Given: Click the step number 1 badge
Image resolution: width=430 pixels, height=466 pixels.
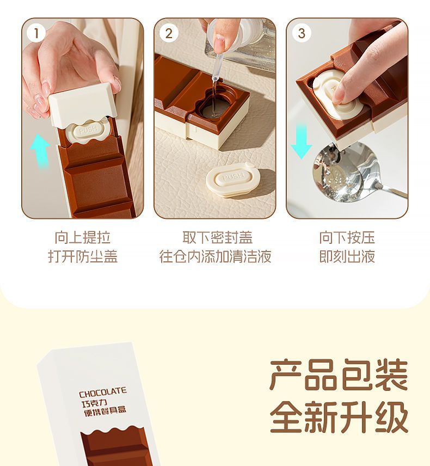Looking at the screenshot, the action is (x=36, y=33).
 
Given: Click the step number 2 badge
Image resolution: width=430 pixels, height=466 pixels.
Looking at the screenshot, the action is (x=169, y=33).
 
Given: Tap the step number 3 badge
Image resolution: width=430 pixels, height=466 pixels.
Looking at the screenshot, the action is (x=302, y=33).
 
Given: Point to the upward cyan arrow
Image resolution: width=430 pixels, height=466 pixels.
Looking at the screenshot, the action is (x=40, y=151).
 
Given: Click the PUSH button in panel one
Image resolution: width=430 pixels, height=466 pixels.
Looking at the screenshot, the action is (x=88, y=130).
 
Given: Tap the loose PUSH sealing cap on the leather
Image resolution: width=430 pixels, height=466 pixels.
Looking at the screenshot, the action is (x=232, y=180).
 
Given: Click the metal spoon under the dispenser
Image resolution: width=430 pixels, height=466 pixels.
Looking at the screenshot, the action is (x=351, y=174).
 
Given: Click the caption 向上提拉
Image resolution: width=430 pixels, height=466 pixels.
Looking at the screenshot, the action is (x=83, y=237).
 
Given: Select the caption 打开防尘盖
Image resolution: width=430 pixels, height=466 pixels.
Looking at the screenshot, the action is (x=83, y=256).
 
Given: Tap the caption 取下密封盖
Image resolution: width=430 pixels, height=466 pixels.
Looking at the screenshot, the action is (x=218, y=237).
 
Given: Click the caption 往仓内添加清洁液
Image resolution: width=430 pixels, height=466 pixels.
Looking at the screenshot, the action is (x=215, y=256).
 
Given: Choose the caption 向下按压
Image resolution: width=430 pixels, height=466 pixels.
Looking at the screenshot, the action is (x=347, y=237).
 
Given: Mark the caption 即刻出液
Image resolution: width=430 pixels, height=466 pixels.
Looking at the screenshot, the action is (x=347, y=256).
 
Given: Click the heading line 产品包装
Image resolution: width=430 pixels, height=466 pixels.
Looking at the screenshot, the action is (x=339, y=375).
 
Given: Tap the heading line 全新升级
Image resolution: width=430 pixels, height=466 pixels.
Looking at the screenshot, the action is (x=339, y=416).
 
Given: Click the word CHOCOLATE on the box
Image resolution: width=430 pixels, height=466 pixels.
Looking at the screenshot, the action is (x=103, y=393).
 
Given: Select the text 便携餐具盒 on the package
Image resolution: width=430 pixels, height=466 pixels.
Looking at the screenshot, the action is (x=105, y=412).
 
